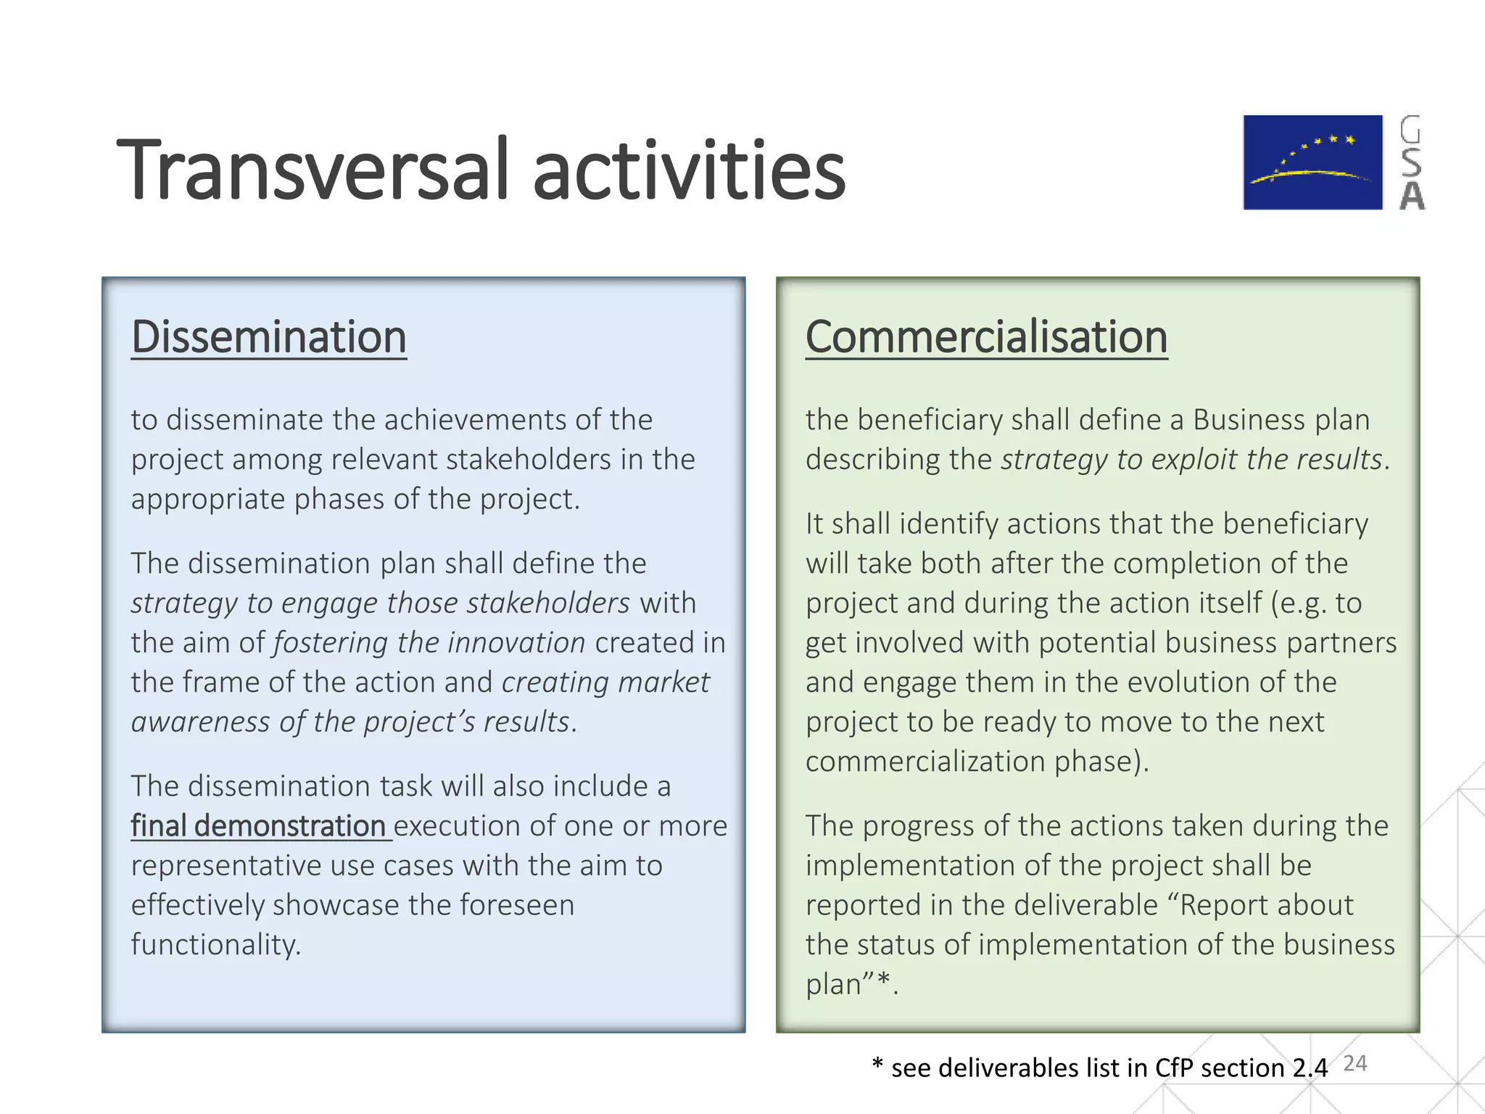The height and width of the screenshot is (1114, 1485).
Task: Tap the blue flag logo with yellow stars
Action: coord(1312,162)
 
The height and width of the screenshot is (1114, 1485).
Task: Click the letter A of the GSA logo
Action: coord(1412,197)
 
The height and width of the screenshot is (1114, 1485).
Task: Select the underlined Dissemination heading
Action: coord(268,337)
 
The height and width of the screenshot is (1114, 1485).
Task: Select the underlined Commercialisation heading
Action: coord(986,337)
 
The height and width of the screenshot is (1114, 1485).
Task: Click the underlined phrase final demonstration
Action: coord(259,826)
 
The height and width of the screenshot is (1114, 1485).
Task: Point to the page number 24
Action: coord(1354,1063)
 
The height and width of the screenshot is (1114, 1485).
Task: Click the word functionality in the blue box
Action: coord(215,945)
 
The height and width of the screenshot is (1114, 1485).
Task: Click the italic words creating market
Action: coord(605,682)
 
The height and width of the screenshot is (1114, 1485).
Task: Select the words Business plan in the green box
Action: coord(1281,420)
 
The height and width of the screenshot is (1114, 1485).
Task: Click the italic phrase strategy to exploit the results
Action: coord(1191,460)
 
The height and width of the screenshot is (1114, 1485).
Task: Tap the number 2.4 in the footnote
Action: coord(1310,1068)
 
